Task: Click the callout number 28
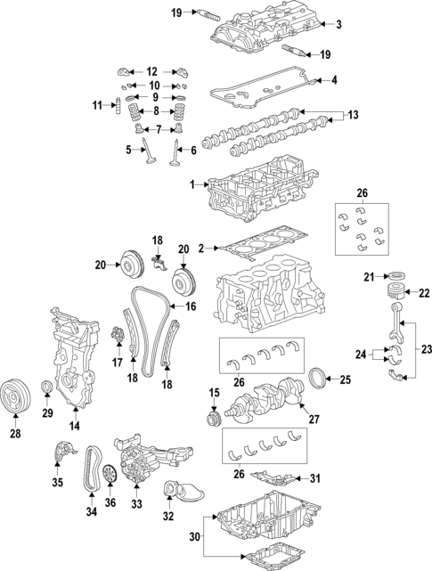click(x=14, y=434)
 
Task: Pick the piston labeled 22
click(x=396, y=293)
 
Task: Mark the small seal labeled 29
click(x=48, y=387)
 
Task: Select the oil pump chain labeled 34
click(x=91, y=473)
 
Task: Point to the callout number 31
click(x=314, y=478)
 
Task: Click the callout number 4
click(x=334, y=80)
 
